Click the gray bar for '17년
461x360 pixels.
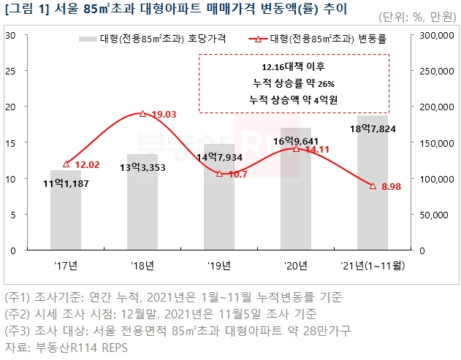pyautogui.click(x=66, y=212)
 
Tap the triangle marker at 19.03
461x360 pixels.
pyautogui.click(x=142, y=114)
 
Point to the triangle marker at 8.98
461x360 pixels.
pyautogui.click(x=373, y=186)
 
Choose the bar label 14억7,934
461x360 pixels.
pyautogui.click(x=219, y=157)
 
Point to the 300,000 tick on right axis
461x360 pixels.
pyautogui.click(x=437, y=36)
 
